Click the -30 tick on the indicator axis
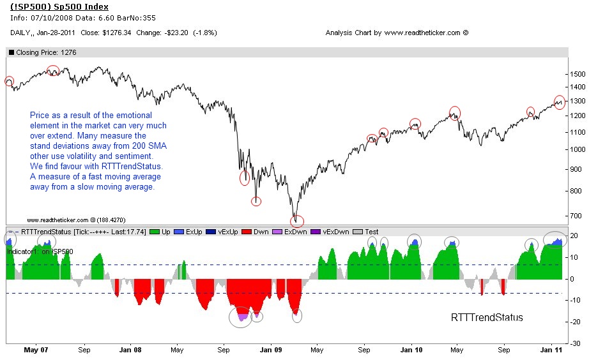point(576,343)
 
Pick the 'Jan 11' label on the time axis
point(552,350)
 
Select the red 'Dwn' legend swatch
point(247,232)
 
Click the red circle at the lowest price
point(297,221)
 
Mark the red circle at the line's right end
point(560,102)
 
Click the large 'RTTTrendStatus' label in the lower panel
point(487,317)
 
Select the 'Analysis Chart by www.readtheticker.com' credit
point(397,33)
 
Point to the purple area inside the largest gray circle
point(242,317)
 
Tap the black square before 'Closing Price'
point(11,53)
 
